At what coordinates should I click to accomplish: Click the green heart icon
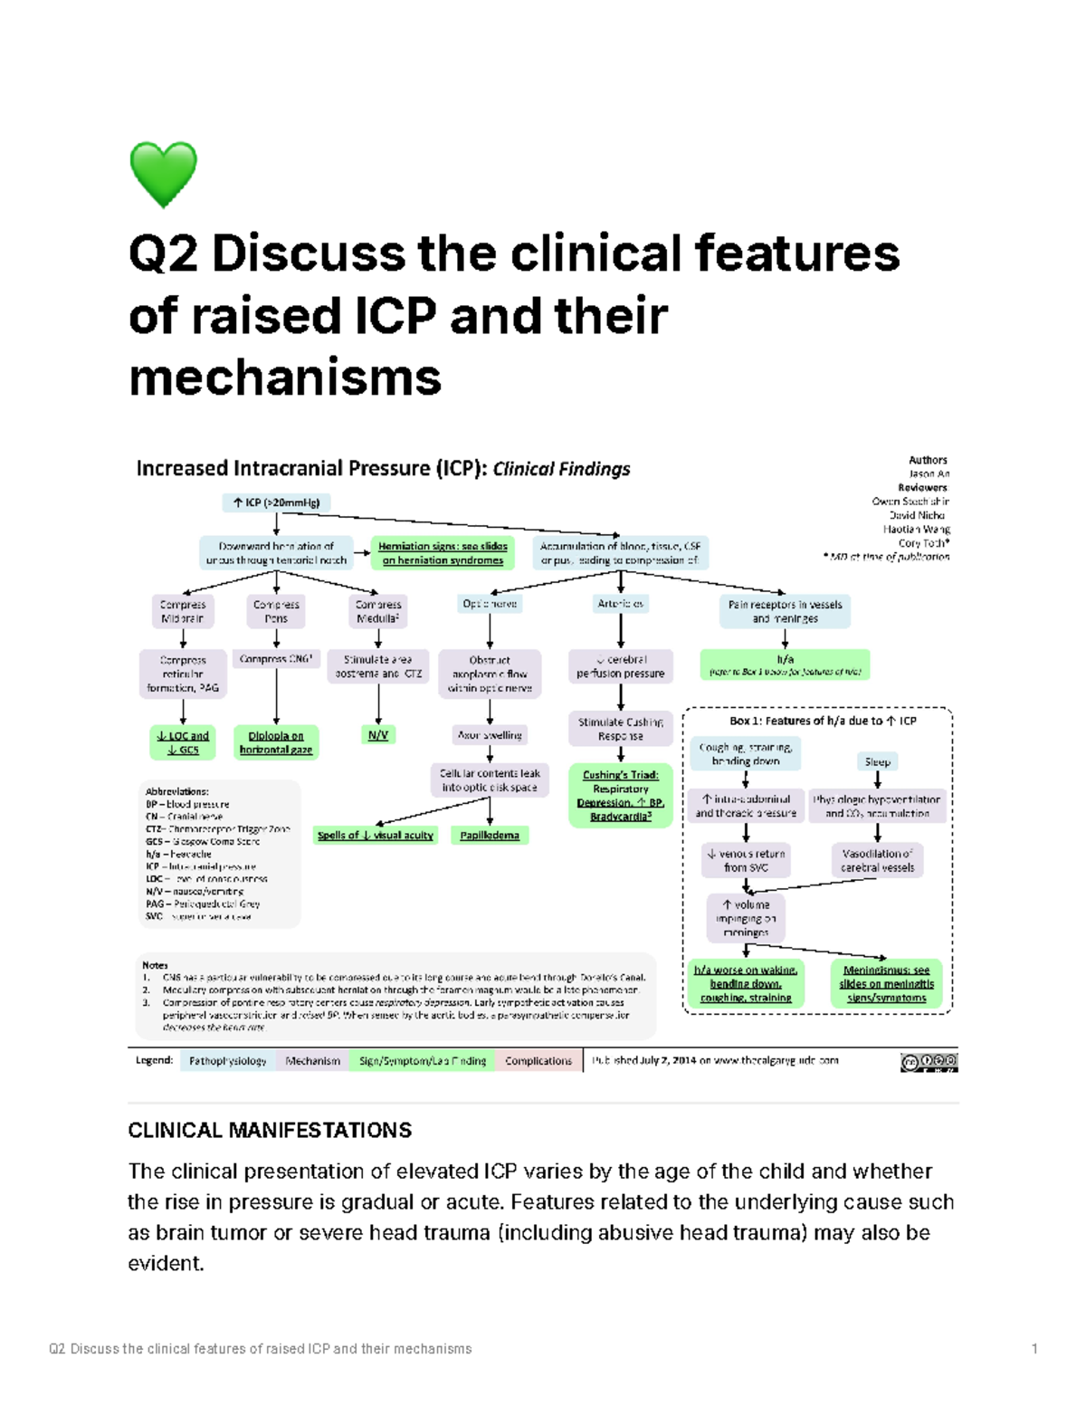tap(163, 174)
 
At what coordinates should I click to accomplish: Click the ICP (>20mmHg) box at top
tap(276, 502)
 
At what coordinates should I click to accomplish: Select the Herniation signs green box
tap(443, 553)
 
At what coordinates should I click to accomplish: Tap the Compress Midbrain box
tap(183, 611)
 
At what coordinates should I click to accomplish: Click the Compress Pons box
tap(276, 611)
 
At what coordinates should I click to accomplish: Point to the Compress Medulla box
tap(378, 611)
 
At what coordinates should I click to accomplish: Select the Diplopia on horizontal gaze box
tap(276, 742)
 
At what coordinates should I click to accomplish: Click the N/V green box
tap(378, 735)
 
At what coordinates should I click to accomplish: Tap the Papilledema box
tap(490, 835)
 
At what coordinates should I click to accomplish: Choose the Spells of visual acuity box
tap(376, 835)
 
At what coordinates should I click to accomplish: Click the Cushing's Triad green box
tap(621, 796)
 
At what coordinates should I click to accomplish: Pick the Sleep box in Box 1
tap(877, 761)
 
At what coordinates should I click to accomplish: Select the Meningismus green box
tap(886, 983)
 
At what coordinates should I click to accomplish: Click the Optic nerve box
tap(490, 604)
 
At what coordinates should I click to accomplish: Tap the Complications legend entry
tap(538, 1060)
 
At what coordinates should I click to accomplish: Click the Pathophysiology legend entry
tap(228, 1060)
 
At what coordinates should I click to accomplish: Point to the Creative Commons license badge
tap(929, 1062)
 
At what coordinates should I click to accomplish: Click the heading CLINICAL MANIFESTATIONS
tap(270, 1130)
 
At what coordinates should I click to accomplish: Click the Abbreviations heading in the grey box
tap(177, 791)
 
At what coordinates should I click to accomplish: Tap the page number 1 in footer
tap(1034, 1349)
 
